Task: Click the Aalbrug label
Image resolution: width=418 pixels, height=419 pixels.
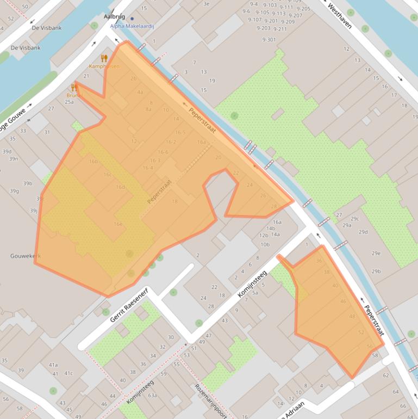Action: [114, 17]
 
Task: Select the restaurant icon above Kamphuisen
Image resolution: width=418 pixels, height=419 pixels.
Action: [104, 58]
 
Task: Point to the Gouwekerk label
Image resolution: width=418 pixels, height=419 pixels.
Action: [25, 256]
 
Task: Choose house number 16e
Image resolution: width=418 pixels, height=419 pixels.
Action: [118, 224]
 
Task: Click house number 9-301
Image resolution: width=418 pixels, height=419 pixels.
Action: [269, 39]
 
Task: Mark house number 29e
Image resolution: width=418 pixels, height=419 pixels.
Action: [376, 253]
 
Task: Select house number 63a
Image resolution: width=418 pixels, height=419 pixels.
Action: [152, 396]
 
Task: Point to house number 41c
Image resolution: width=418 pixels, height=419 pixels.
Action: [68, 373]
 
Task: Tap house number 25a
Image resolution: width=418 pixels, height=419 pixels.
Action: [69, 102]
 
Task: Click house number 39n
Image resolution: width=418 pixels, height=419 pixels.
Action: [14, 159]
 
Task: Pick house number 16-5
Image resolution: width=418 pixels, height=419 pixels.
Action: [180, 132]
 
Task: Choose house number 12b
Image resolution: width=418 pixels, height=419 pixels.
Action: [264, 236]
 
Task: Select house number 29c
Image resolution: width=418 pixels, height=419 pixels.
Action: [354, 219]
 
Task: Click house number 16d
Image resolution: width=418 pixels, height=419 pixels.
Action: [120, 187]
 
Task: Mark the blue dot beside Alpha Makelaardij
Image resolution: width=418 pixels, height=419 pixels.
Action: [132, 19]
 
